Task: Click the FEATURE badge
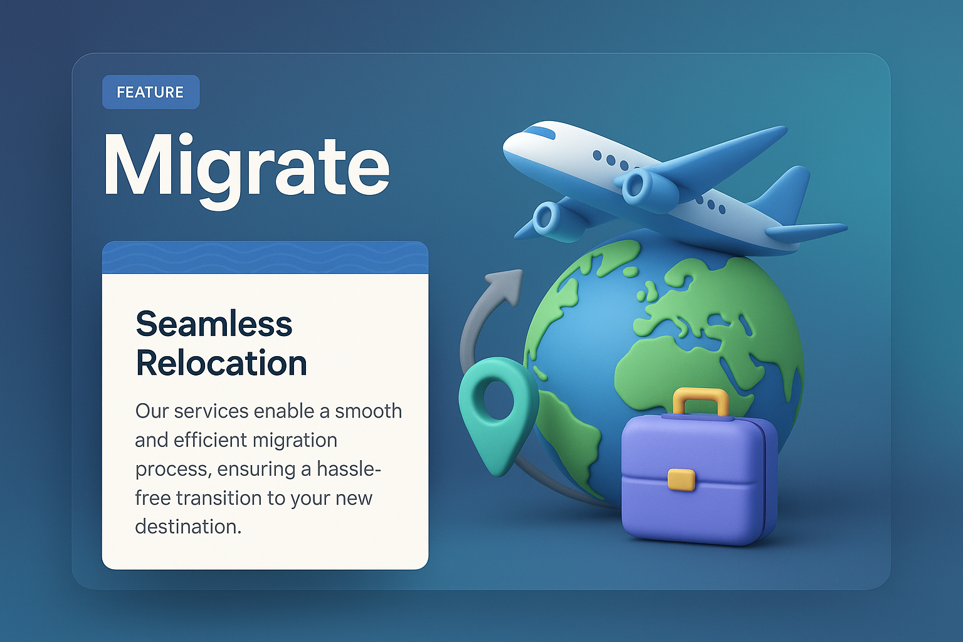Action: tap(150, 92)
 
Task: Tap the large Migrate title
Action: tap(246, 166)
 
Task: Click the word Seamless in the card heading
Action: tap(214, 324)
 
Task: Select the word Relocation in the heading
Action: tap(221, 363)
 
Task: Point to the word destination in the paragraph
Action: tap(187, 527)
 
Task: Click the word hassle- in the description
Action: tap(349, 469)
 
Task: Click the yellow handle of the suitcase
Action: tap(700, 399)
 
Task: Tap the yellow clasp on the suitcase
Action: tap(681, 479)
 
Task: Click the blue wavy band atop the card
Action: tap(265, 258)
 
